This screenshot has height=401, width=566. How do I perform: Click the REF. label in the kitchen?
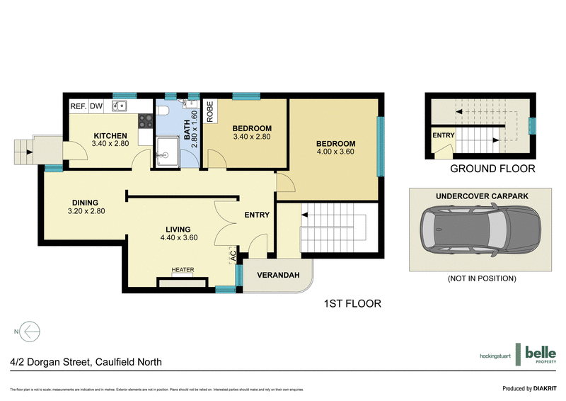click(77, 106)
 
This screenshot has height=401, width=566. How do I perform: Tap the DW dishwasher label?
click(96, 106)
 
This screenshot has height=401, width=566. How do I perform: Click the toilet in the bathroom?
click(163, 111)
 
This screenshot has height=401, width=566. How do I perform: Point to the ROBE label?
click(210, 112)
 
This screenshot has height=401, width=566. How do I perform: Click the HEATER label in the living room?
click(183, 269)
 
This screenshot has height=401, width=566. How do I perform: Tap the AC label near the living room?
click(232, 256)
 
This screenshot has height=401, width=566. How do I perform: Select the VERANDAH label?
click(275, 276)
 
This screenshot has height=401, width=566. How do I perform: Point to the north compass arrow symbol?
click(28, 331)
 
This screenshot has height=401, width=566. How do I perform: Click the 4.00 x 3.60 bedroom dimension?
click(335, 151)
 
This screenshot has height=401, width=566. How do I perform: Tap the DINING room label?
click(85, 203)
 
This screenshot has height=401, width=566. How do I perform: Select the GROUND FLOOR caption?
click(493, 169)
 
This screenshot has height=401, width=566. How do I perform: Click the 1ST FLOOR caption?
click(352, 304)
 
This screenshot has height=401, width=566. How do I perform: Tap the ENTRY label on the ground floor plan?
click(444, 135)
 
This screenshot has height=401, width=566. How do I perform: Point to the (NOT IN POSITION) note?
click(481, 278)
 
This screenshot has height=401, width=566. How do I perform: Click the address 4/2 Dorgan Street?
click(86, 362)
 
